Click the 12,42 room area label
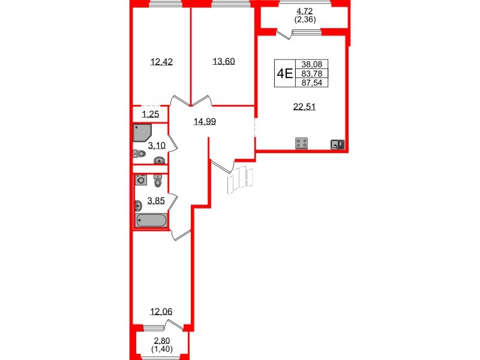[x=161, y=61]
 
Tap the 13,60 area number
[x=223, y=61]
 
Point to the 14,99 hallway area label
[x=204, y=121]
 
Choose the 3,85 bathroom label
[x=157, y=200]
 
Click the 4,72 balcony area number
[x=305, y=10]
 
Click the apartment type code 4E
[x=284, y=74]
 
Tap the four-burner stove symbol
[x=302, y=143]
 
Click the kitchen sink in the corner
[x=337, y=143]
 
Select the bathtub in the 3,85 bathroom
[x=151, y=221]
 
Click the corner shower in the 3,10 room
[x=142, y=132]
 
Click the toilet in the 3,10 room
[x=139, y=154]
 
